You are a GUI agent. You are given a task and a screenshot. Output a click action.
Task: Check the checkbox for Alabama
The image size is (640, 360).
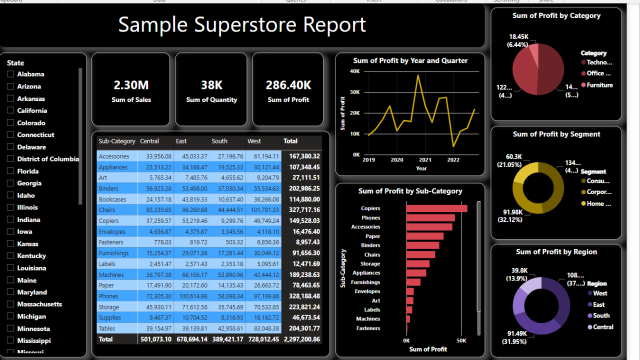point(11,74)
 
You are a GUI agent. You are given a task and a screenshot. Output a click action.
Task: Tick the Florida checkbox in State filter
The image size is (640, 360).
point(11,171)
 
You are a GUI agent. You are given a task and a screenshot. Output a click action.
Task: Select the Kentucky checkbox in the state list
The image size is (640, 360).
point(11,256)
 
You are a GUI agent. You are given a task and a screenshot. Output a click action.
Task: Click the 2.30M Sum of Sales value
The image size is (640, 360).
point(131,85)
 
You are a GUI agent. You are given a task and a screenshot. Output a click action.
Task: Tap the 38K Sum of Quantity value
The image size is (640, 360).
point(211,85)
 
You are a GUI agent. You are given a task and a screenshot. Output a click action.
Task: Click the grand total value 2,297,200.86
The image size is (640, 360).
point(297,340)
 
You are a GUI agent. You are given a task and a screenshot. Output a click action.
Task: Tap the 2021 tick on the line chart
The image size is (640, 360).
point(424,160)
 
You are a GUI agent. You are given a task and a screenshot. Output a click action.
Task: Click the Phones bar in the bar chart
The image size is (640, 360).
point(433,217)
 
